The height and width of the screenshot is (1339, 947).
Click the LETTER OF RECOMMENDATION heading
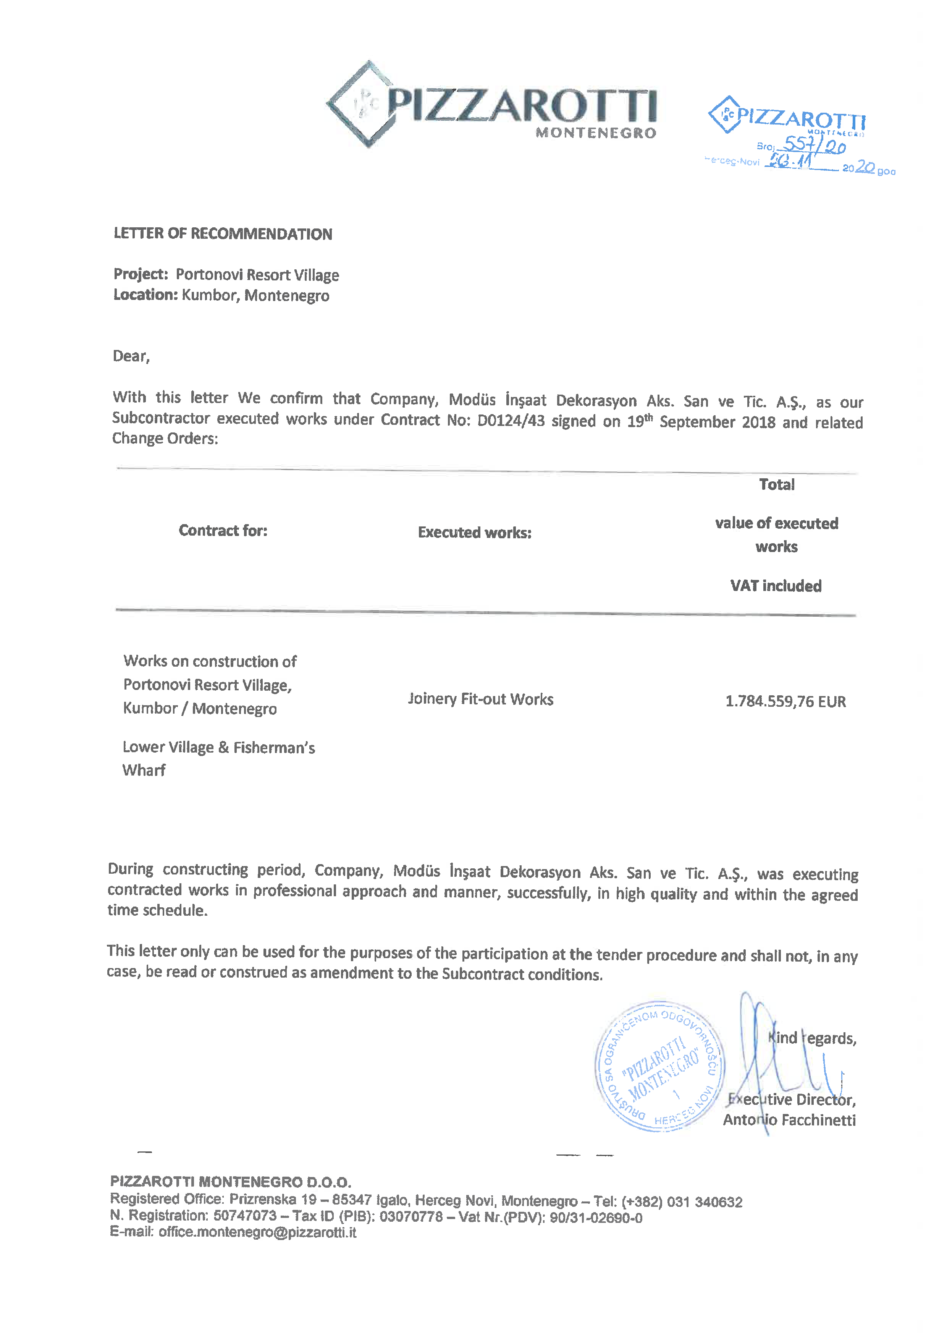223,234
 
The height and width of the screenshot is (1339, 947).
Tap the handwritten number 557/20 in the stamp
814,144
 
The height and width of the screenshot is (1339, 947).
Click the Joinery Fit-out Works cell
480,699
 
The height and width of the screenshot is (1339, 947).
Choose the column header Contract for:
223,530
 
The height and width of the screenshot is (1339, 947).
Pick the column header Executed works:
475,532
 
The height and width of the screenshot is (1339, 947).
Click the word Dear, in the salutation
131,356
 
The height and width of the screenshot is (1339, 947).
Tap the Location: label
145,295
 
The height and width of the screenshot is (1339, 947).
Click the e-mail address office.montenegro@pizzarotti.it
257,1232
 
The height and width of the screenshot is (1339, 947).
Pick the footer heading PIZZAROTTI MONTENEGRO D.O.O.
230,1182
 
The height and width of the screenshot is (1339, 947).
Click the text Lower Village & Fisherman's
219,747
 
